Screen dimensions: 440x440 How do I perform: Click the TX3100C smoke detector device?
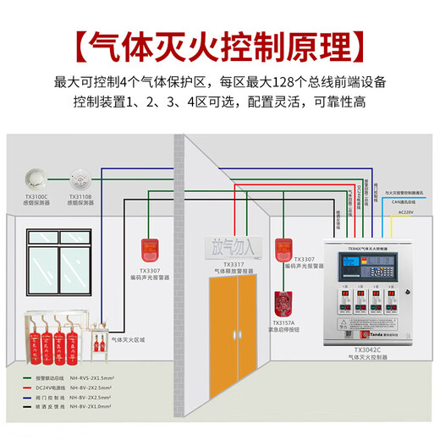click(36, 179)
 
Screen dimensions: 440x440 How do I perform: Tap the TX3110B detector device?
click(80, 179)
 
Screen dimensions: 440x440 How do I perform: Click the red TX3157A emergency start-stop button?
click(280, 304)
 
